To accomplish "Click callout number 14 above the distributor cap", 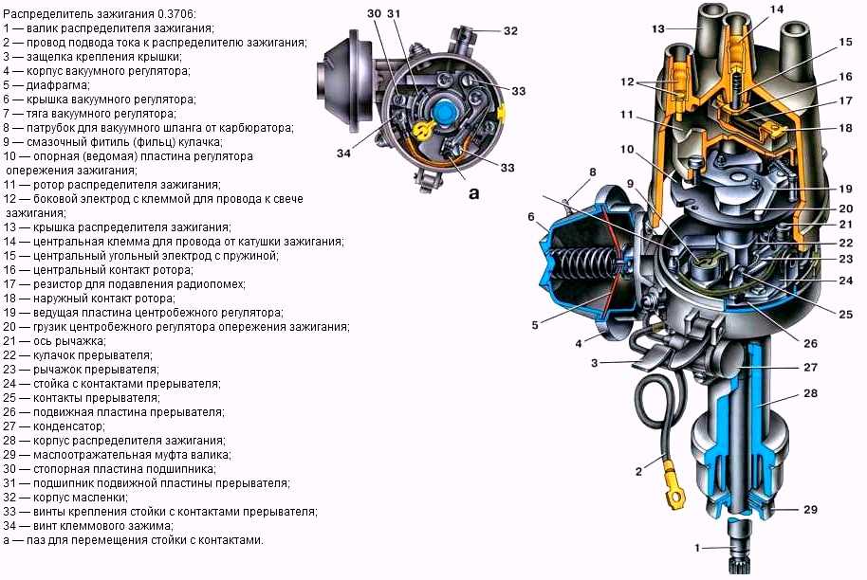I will [x=777, y=10].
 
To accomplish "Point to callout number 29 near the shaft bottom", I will [x=809, y=510].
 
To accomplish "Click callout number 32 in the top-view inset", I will [x=510, y=30].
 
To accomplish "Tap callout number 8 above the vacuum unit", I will [x=592, y=172].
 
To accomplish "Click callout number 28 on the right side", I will [x=809, y=392].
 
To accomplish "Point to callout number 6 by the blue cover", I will [x=532, y=217].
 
